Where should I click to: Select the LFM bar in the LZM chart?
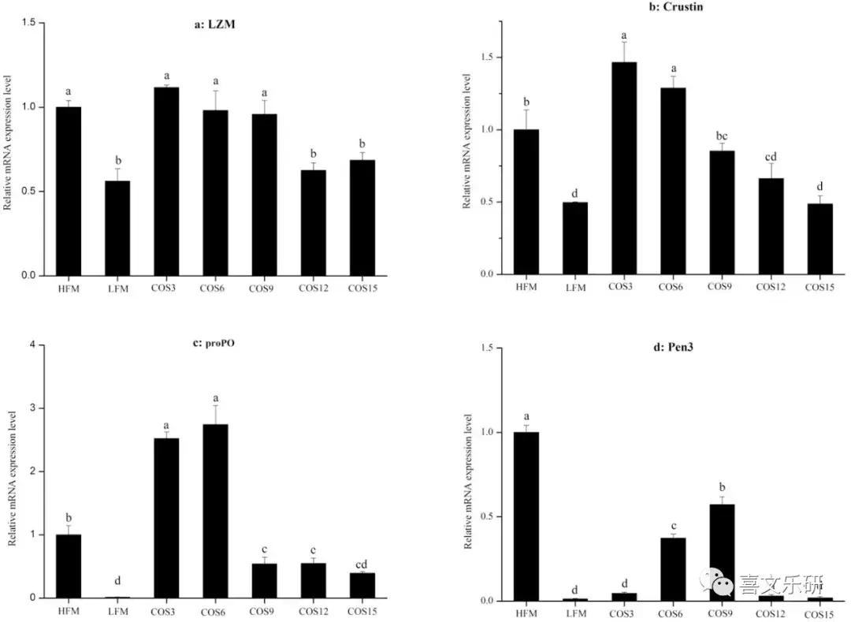pos(117,229)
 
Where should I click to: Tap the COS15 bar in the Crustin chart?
pos(819,239)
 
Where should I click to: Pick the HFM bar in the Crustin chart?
pos(526,202)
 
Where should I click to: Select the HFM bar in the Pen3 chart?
pos(526,516)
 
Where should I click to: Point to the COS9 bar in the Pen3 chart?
pos(722,553)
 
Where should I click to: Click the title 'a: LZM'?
pos(215,24)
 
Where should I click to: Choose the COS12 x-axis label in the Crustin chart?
pos(771,286)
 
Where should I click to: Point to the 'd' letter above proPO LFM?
pos(117,581)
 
